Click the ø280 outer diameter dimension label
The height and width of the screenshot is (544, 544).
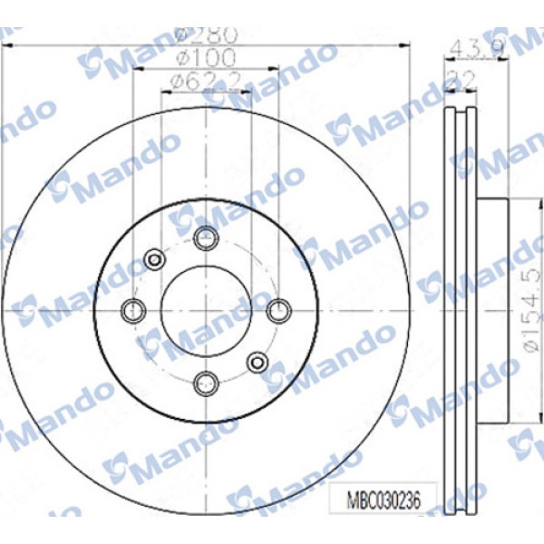[206, 36]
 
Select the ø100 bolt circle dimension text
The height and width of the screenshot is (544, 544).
[206, 59]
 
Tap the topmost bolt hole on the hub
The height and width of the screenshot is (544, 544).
[207, 238]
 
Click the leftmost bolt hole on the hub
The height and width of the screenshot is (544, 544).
[134, 309]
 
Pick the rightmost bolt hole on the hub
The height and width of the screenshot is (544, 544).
[278, 309]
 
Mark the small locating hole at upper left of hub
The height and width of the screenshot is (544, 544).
[154, 258]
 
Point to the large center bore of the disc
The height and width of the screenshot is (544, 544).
[207, 309]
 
